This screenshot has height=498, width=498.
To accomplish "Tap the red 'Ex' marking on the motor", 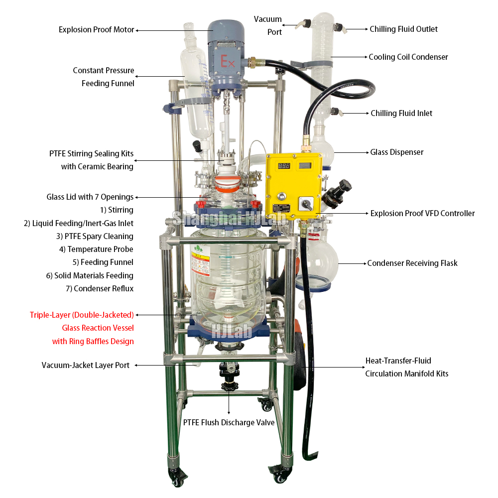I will pos(228,62).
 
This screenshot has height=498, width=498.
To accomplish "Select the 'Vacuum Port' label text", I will pos(268,25).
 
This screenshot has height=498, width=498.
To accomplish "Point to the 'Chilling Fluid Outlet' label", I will pos(403,29).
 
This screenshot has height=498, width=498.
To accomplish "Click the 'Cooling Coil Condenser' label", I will pos(408,57).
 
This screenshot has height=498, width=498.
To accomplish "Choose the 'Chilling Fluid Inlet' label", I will pos(401,114).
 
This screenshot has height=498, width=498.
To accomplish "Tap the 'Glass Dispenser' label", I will pos(397,152).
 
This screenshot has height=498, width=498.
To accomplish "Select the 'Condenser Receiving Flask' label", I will pos(412,263).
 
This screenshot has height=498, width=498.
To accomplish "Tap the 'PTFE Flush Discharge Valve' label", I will pos(229,423).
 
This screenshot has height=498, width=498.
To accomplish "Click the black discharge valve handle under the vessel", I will pos(230,385).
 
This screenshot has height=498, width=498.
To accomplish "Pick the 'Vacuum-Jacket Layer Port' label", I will pos(86,366).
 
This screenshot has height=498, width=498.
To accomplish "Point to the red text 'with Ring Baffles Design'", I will pos(93,342).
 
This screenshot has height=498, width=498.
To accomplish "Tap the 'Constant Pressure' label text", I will pos(104,71).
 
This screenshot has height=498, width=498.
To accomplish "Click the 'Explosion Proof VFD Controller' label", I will pos(423,214).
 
